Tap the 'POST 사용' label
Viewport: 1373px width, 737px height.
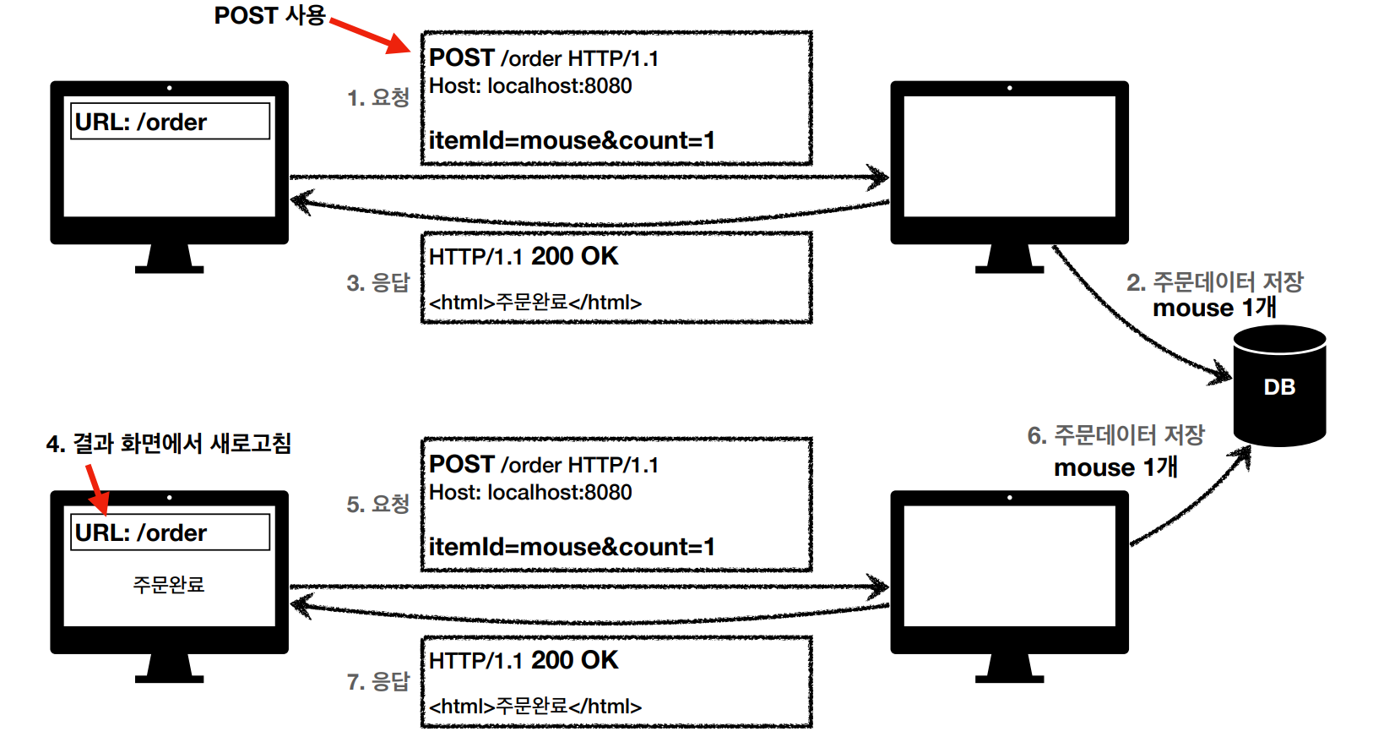pos(269,16)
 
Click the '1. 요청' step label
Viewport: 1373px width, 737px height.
pos(377,98)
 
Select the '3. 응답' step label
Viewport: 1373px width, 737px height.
pos(377,282)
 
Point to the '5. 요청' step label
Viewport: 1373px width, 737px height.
pos(377,505)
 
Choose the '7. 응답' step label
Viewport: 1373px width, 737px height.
pos(377,681)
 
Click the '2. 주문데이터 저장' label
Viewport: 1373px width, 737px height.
pos(1214,281)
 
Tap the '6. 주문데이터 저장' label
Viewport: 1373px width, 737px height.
pos(1115,435)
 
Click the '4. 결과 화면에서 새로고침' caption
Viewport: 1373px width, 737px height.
pos(169,444)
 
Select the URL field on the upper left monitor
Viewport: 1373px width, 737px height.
pos(170,122)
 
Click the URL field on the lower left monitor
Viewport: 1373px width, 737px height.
pos(170,532)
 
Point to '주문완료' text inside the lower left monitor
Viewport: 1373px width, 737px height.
pos(169,584)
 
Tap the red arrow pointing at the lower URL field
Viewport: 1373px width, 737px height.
pos(96,489)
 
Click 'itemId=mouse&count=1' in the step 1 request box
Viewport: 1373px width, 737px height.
pos(572,140)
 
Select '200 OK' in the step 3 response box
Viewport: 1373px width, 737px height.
pos(574,256)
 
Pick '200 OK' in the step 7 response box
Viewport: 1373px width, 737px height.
pos(574,660)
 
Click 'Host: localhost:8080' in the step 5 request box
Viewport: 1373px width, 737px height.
pos(530,492)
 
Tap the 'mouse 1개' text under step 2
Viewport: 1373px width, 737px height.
pos(1214,308)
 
